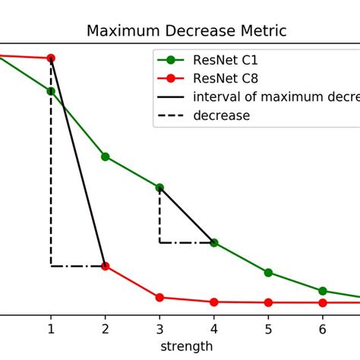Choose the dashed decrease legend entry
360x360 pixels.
point(221,115)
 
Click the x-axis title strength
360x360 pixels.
point(185,346)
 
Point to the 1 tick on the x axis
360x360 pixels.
point(51,330)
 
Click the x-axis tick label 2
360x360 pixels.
point(105,330)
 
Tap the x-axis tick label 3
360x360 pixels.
point(159,330)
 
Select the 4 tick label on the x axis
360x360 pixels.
point(213,330)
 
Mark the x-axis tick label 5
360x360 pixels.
point(268,330)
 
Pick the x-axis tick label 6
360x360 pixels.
point(322,330)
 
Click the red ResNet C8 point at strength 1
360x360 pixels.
point(51,58)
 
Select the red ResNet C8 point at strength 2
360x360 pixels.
point(105,266)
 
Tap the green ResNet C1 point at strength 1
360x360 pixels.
point(51,91)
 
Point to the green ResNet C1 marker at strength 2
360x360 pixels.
point(105,156)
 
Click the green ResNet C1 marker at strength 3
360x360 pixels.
point(159,187)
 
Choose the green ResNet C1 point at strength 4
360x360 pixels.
point(213,242)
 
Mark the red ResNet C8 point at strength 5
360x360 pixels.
point(268,302)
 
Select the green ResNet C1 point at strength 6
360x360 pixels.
point(322,291)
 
